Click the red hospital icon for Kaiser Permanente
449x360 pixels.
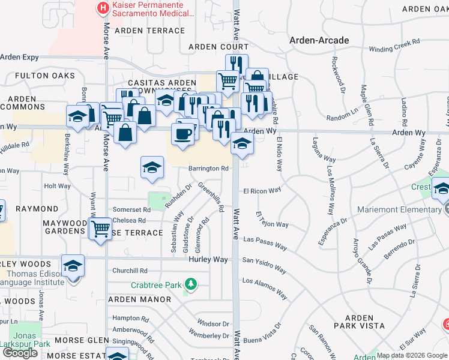tap(103, 8)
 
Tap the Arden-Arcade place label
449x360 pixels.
tap(319, 40)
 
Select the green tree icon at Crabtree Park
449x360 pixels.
tap(190, 283)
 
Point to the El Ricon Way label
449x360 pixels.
tap(262, 191)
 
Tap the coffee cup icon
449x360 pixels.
tap(184, 133)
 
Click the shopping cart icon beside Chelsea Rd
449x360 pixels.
tap(100, 229)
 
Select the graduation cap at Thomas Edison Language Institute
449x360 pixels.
tap(73, 265)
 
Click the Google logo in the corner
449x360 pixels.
tap(20, 353)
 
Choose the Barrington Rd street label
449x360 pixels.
tap(208, 169)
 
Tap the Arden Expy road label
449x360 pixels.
tap(19, 58)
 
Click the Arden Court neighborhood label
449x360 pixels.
tap(218, 47)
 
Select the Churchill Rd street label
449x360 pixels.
tap(129, 271)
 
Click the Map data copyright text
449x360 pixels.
tap(412, 355)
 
